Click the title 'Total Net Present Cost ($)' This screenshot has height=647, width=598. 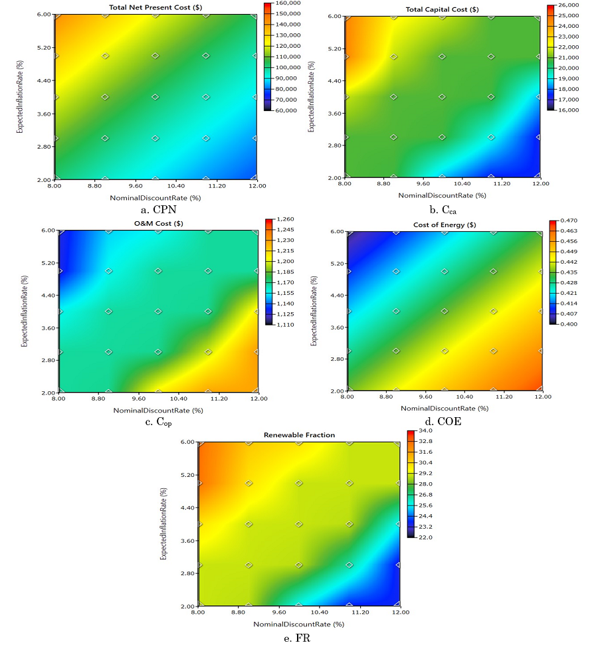point(154,8)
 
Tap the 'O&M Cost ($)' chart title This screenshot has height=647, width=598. point(158,224)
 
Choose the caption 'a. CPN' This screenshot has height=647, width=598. point(154,209)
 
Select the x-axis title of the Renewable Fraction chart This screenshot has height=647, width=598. point(298,624)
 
